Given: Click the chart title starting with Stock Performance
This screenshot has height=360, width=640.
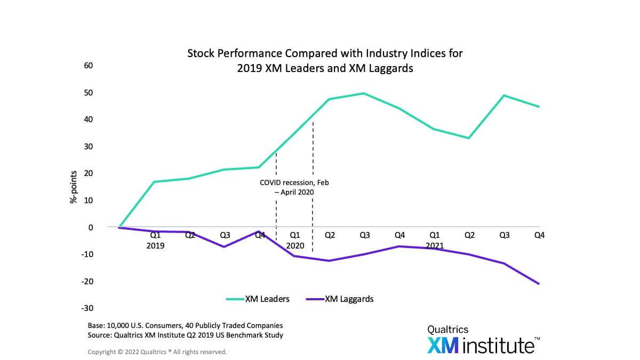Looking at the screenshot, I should click(x=325, y=61).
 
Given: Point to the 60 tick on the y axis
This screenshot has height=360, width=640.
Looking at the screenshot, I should click(x=87, y=66).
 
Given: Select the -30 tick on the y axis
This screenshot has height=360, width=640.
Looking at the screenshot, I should click(x=87, y=308).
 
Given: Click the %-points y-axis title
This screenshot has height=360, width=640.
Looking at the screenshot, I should click(x=74, y=188).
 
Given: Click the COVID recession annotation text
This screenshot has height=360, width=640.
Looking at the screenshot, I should click(x=294, y=187).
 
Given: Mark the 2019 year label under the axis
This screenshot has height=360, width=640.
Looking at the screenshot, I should click(x=155, y=246).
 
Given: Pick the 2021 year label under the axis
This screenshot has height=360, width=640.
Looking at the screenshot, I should click(x=435, y=246).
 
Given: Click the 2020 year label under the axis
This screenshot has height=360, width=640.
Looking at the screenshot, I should click(x=295, y=246).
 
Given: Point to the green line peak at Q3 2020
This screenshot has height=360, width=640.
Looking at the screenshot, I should click(x=364, y=93).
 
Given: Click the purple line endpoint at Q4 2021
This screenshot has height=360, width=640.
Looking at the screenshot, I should click(x=539, y=284).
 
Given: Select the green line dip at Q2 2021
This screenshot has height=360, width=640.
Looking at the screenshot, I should click(x=469, y=138).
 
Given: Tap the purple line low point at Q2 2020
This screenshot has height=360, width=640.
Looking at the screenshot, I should click(x=329, y=261).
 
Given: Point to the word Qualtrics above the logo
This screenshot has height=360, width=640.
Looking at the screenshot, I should click(x=448, y=329).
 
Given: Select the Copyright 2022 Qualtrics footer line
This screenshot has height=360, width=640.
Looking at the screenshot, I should click(x=157, y=352).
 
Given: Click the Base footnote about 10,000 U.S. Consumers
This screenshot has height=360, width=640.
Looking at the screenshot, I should click(x=185, y=325).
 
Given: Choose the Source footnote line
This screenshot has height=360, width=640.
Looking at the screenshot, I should click(x=185, y=335).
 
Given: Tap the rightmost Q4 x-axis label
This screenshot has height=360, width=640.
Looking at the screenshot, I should click(x=539, y=235).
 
